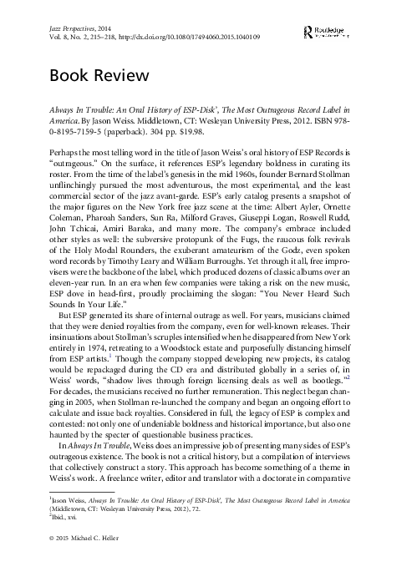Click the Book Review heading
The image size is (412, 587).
(99, 75)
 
